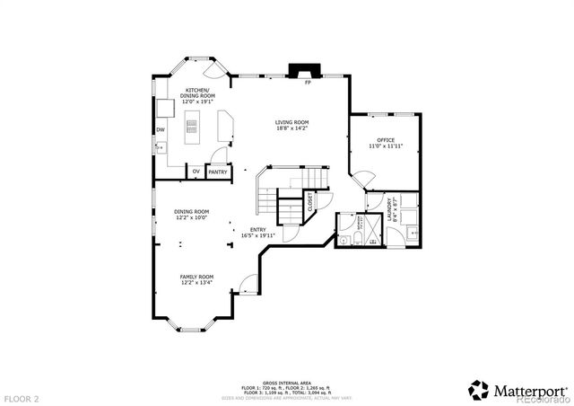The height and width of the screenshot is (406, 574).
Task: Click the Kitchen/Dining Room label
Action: click(197, 96)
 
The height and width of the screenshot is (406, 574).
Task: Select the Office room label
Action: click(386, 142)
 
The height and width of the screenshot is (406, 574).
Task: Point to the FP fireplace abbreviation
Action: click(308, 84)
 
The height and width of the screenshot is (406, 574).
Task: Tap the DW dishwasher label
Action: click(161, 130)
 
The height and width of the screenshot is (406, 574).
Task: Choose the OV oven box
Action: click(196, 171)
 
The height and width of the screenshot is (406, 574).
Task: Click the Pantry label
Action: click(217, 171)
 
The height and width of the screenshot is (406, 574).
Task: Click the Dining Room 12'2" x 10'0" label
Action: click(191, 214)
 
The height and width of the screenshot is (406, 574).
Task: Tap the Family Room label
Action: click(196, 279)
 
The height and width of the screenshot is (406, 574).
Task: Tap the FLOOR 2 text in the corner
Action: click(22, 396)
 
